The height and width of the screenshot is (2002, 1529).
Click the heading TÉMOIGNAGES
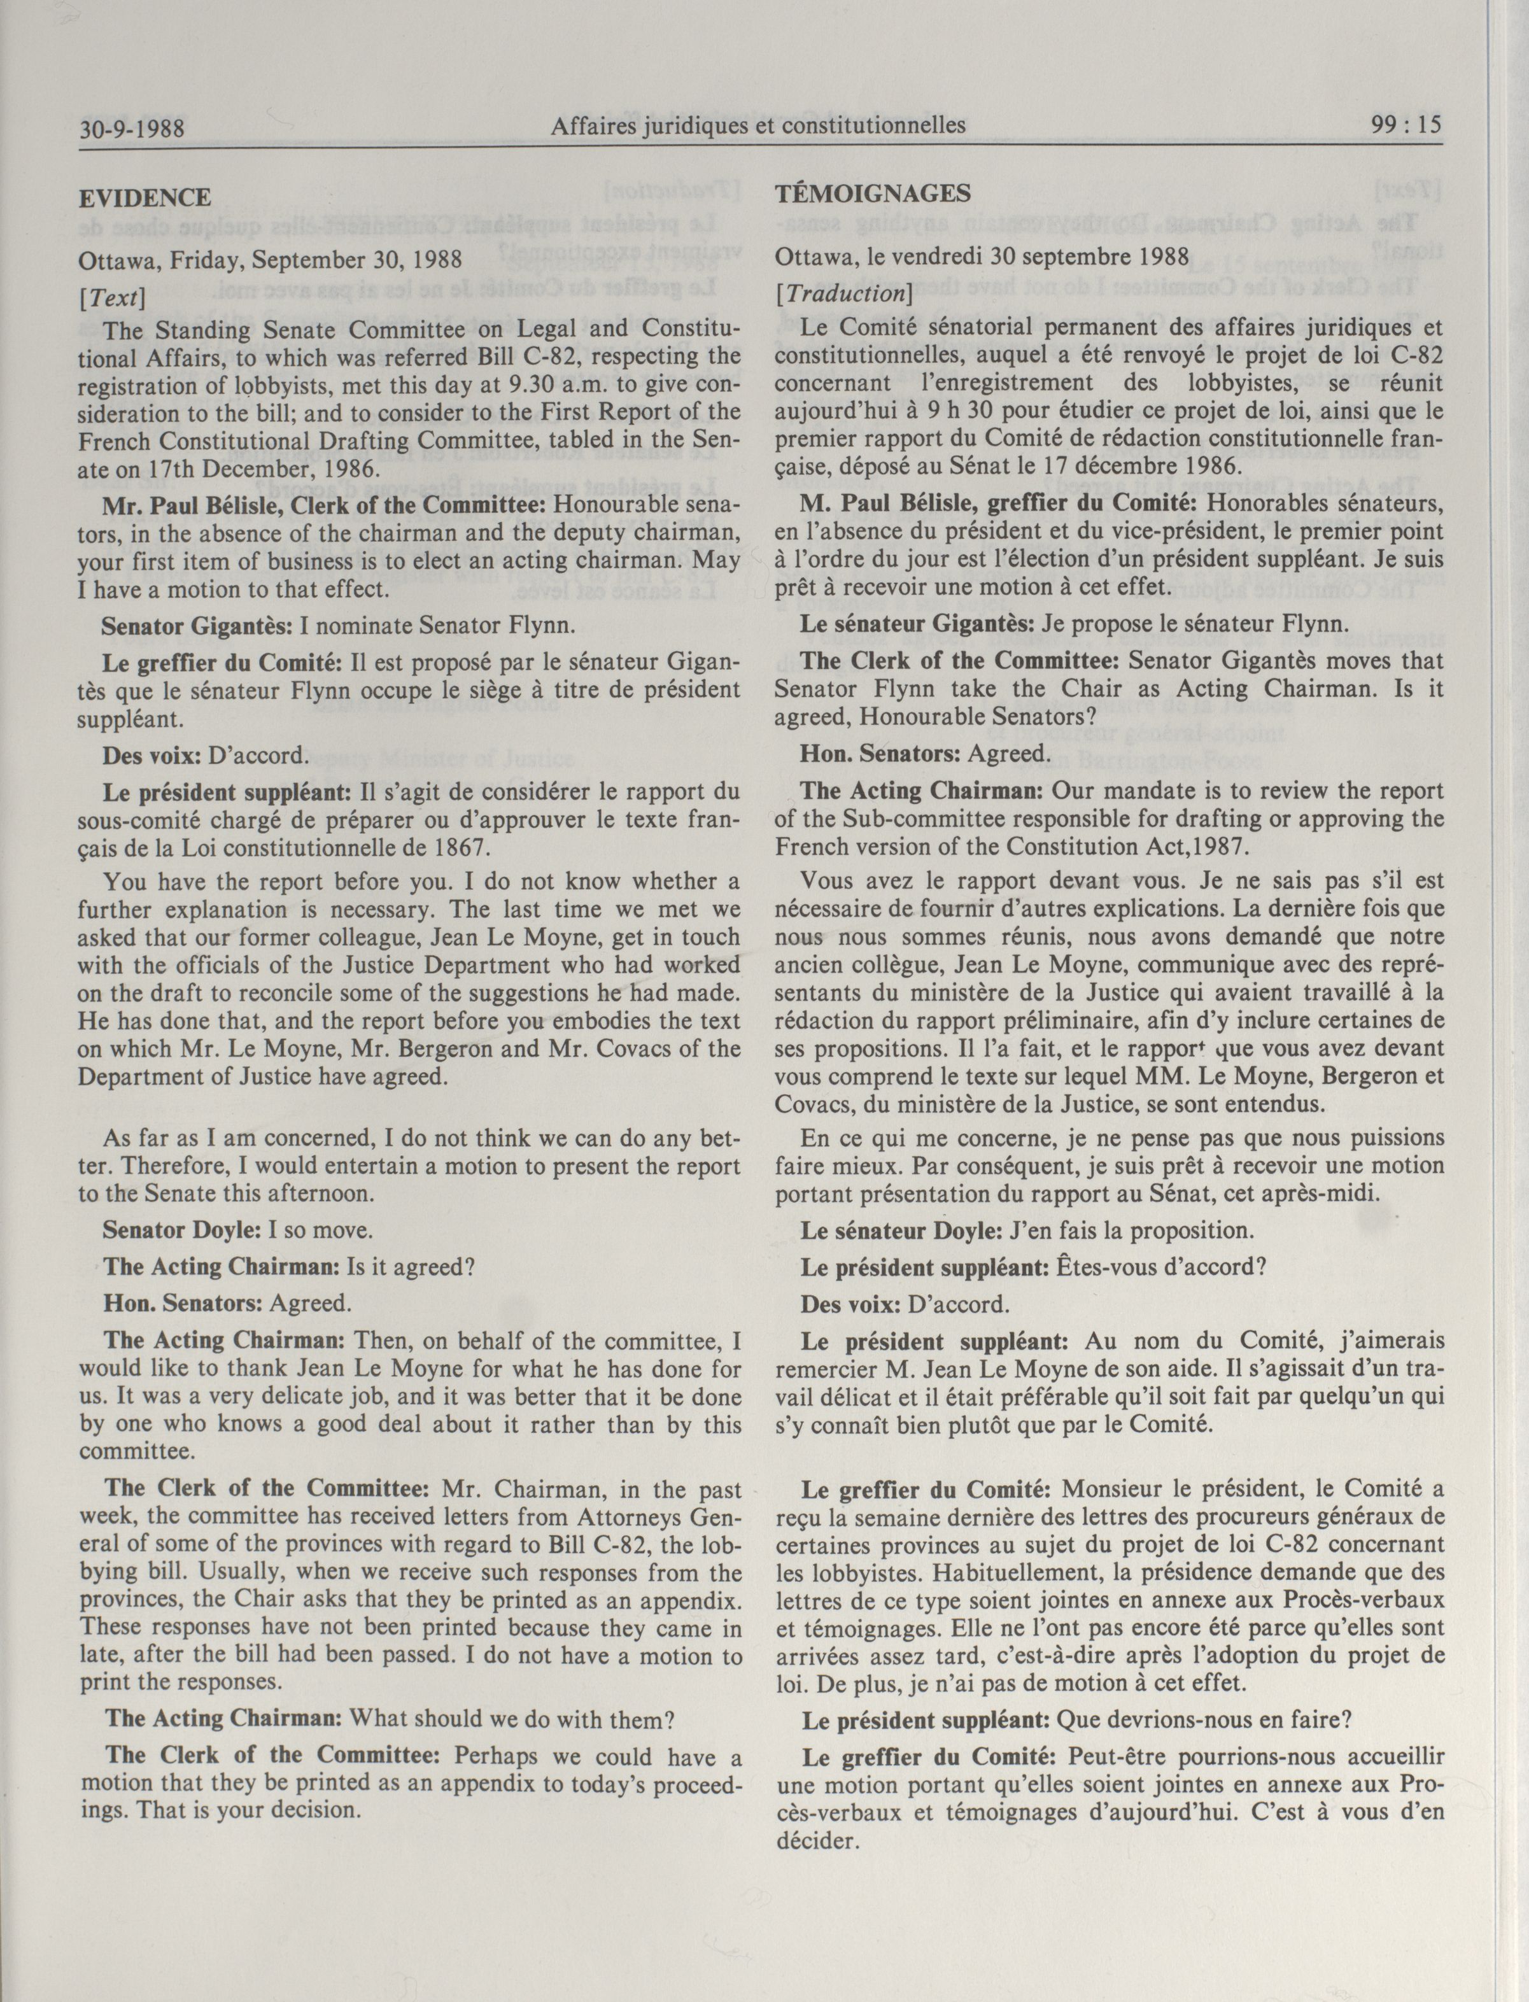(873, 193)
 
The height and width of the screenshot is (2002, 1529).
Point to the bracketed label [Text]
(112, 297)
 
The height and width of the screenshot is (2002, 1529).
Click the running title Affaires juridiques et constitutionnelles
(757, 125)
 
